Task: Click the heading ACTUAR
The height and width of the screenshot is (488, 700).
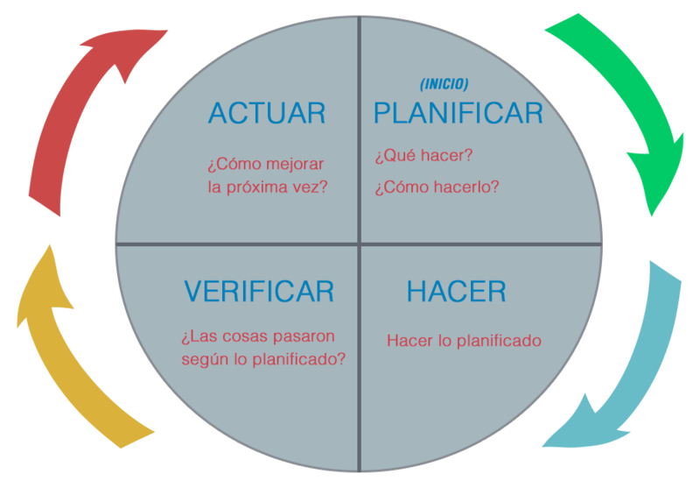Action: [x=266, y=113]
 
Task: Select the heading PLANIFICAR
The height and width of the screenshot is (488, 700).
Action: [x=458, y=113]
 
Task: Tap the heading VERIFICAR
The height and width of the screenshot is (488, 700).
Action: [x=259, y=291]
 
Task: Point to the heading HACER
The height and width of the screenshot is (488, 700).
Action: [x=456, y=291]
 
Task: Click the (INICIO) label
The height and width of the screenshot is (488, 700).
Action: [x=444, y=84]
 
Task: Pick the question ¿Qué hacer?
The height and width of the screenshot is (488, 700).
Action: [x=423, y=156]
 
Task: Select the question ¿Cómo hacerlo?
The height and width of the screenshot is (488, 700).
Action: [x=437, y=187]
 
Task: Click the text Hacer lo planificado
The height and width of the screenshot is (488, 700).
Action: [x=464, y=340]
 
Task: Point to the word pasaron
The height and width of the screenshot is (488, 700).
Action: [x=303, y=336]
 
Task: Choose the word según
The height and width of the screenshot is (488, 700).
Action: [x=204, y=358]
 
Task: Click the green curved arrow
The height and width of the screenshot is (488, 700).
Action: [x=621, y=88]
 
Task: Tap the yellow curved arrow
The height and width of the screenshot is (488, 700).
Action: [x=70, y=350]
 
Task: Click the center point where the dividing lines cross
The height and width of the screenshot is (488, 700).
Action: [x=359, y=244]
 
